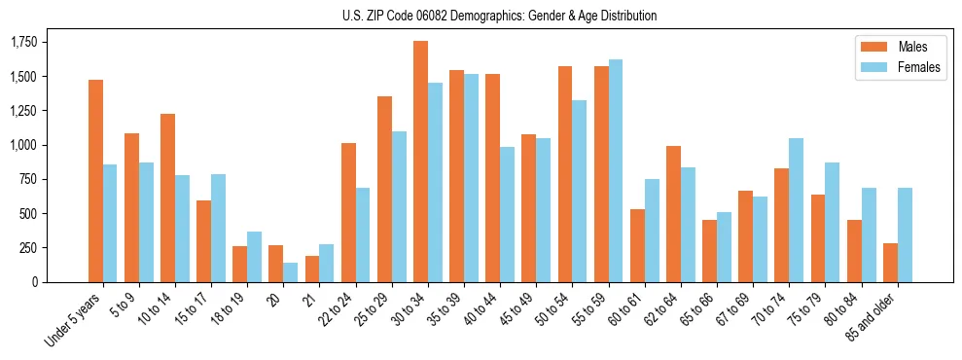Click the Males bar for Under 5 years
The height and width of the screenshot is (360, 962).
pos(95,181)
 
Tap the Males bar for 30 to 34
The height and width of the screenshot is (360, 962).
pos(420,162)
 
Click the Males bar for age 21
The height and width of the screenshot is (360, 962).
pos(312,270)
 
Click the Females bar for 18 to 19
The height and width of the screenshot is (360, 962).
pos(254,257)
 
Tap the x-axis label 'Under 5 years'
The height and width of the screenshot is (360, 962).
pos(75,320)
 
